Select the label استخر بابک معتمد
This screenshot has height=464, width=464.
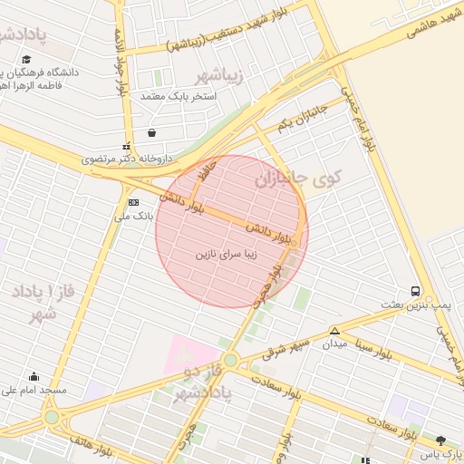pyautogui.click(x=178, y=95)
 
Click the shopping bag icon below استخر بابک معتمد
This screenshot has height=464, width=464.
pyautogui.click(x=150, y=131)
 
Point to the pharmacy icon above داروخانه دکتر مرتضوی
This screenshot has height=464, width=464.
pyautogui.click(x=126, y=146)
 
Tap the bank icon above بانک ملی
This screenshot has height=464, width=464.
pyautogui.click(x=134, y=201)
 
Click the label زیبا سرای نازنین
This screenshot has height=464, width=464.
pyautogui.click(x=227, y=256)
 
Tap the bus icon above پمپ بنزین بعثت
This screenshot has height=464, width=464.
pyautogui.click(x=415, y=291)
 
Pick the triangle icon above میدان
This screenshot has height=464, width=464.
pyautogui.click(x=334, y=331)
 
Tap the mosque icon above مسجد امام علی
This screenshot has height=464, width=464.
pyautogui.click(x=35, y=376)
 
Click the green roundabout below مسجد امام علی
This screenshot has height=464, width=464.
pyautogui.click(x=53, y=420)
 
